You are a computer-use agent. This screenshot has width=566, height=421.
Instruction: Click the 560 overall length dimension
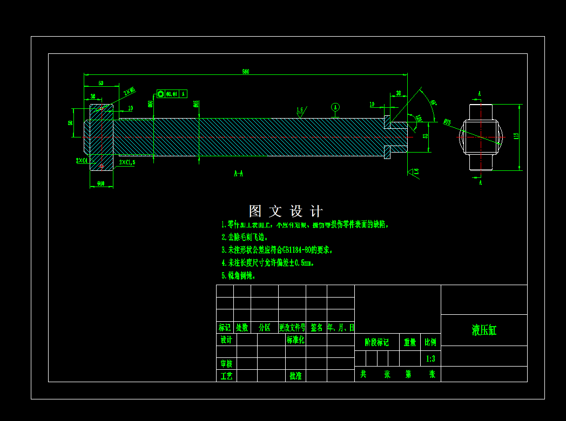click(x=246, y=71)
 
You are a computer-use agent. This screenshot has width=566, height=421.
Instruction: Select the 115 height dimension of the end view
click(x=516, y=137)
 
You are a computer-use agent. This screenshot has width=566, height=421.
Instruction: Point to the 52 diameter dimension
click(x=425, y=137)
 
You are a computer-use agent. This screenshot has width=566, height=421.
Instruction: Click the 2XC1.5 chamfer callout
click(x=127, y=162)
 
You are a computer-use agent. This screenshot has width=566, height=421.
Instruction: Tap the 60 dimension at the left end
click(x=101, y=83)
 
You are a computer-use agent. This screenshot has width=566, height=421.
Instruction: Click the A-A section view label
click(x=238, y=174)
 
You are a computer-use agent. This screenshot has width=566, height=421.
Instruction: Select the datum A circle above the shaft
click(x=335, y=107)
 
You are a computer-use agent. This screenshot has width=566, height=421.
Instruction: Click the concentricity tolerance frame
click(x=172, y=94)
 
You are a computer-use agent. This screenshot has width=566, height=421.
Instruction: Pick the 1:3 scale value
click(x=430, y=358)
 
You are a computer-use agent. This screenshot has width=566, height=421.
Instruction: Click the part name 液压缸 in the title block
click(x=484, y=330)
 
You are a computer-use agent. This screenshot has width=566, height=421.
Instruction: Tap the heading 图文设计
click(x=286, y=211)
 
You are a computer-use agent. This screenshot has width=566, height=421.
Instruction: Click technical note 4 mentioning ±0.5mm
click(x=268, y=263)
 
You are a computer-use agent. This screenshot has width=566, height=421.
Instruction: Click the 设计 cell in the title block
click(x=226, y=340)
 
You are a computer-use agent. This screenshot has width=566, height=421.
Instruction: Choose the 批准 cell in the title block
click(x=295, y=376)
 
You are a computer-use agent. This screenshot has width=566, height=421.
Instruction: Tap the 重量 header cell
click(x=410, y=342)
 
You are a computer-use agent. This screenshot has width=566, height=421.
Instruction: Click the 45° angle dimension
click(x=433, y=102)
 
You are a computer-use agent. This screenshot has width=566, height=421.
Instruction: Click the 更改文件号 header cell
click(x=292, y=327)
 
